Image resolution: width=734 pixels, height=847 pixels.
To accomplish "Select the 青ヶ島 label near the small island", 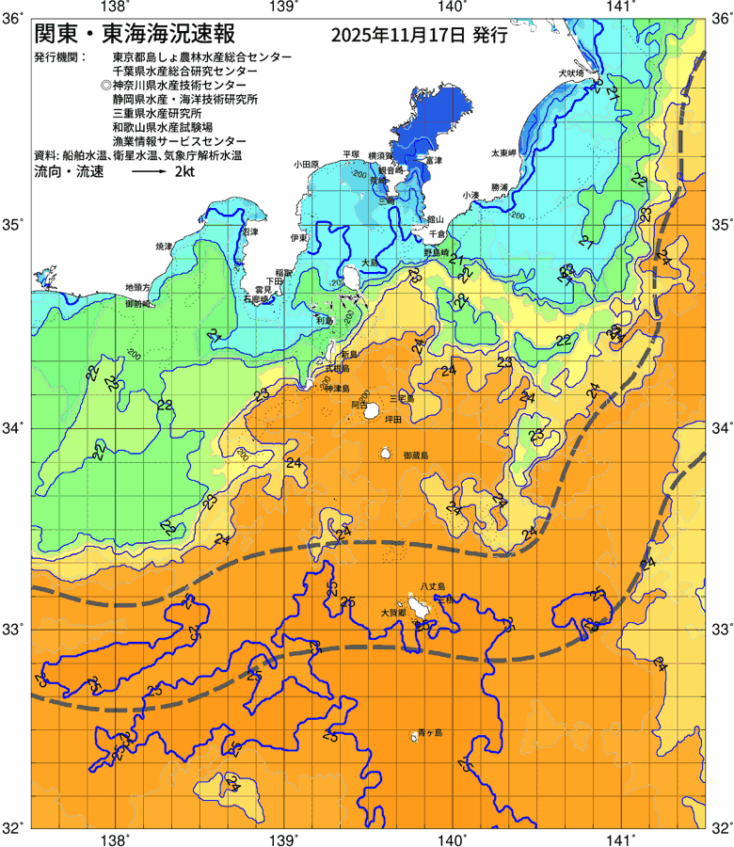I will coord(430,731).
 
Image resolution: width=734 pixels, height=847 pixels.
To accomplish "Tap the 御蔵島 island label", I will coord(415,455).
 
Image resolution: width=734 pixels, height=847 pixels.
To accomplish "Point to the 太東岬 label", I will coord(503,152).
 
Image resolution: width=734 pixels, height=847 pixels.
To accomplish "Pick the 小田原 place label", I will coord(307,164).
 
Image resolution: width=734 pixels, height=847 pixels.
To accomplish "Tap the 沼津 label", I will coord(249,231).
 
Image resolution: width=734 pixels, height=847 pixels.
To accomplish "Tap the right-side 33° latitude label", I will coord(721,628).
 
